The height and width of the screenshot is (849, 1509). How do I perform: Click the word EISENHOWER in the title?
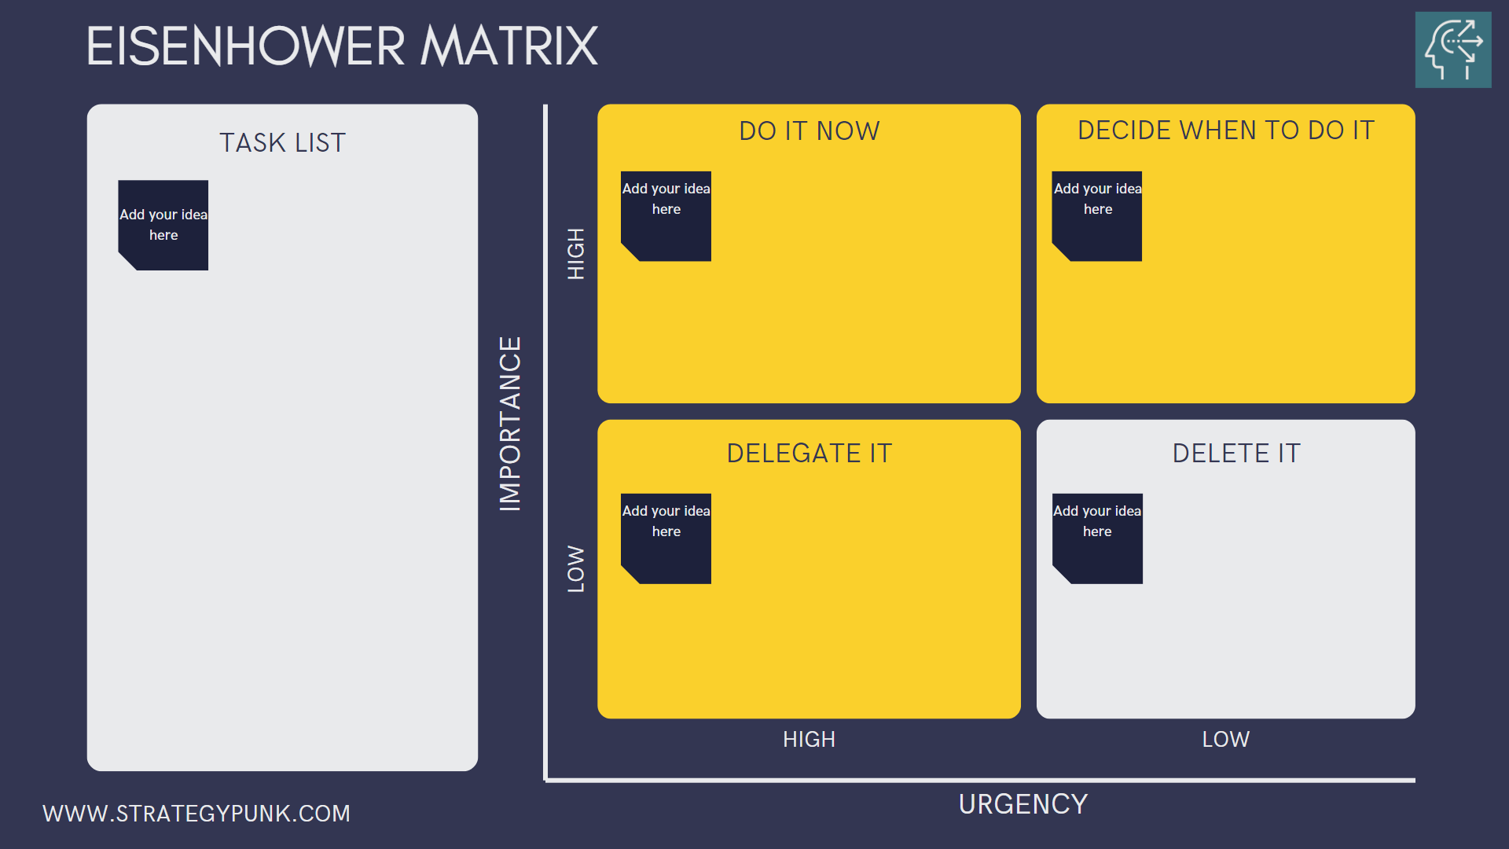point(245,46)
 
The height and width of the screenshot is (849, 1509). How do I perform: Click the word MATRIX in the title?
point(509,46)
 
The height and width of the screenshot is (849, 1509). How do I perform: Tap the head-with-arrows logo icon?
point(1452,50)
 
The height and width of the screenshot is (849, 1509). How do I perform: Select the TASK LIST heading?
point(282,143)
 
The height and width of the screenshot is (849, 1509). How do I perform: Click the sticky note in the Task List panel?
point(163,226)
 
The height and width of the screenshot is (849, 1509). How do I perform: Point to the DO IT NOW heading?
point(809,130)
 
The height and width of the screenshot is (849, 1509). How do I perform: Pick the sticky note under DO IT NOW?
point(666,216)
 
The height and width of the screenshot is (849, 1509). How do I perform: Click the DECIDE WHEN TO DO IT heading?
point(1225,130)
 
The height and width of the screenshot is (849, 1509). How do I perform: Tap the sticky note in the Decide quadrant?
point(1097,216)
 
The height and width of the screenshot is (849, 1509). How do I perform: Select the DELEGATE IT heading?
point(809,453)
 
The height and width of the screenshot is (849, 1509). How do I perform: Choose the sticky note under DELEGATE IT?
point(666,538)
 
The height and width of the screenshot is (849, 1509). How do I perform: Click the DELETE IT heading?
point(1236,453)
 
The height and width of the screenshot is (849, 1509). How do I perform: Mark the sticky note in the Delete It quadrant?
point(1097,538)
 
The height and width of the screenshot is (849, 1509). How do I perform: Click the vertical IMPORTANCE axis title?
point(510,424)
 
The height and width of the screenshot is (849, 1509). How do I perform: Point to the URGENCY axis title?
point(1023,804)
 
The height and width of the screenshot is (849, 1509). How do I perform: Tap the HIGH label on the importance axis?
point(576,253)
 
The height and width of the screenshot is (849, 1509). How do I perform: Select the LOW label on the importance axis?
point(576,568)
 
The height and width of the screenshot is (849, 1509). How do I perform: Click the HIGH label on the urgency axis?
point(809,739)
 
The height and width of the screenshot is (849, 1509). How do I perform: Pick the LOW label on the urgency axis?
point(1225,739)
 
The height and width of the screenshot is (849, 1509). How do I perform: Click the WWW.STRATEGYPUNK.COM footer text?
point(196,813)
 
